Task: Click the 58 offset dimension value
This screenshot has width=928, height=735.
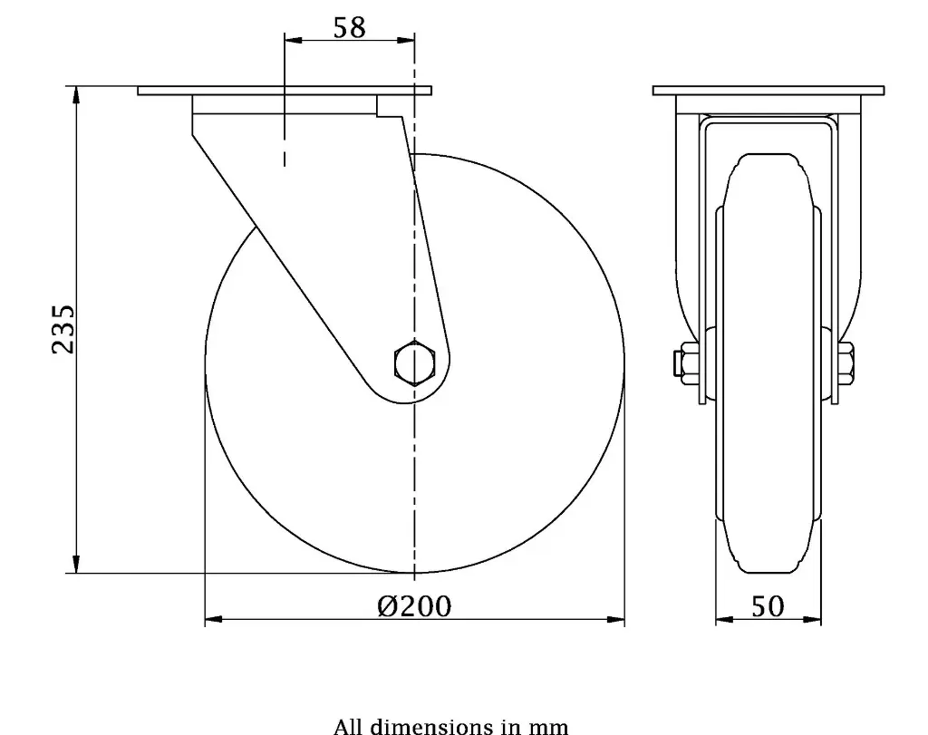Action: click(349, 27)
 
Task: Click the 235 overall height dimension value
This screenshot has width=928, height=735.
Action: click(62, 329)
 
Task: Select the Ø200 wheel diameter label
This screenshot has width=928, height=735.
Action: click(414, 604)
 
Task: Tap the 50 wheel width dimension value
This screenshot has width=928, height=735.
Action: click(768, 605)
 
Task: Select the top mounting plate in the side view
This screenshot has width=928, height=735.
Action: click(285, 91)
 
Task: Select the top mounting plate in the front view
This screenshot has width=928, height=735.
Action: click(768, 91)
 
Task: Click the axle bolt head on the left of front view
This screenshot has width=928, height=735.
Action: click(681, 363)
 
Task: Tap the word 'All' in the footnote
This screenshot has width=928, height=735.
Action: click(348, 726)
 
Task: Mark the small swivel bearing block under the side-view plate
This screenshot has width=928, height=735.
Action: click(391, 106)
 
